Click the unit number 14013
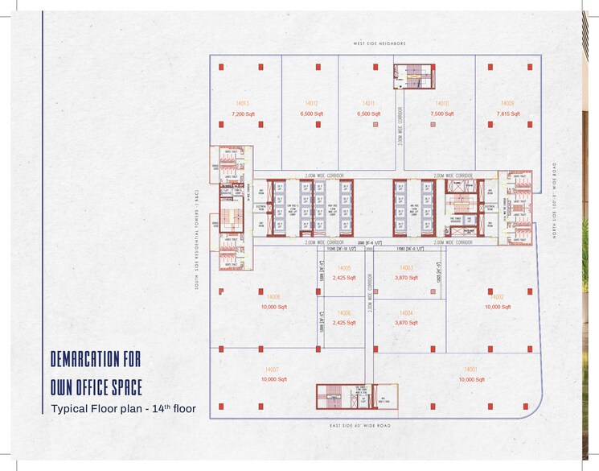coord(242,104)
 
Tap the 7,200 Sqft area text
coord(242,114)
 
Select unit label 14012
coord(312,104)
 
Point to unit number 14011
coord(369,104)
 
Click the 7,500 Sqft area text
coord(442,114)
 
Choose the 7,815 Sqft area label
coord(508,114)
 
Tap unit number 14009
coord(507,104)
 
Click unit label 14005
coord(344,268)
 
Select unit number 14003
coord(407,268)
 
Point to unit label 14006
coord(344,312)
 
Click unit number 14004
coord(406,312)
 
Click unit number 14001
coord(470,370)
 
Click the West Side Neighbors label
coord(380,43)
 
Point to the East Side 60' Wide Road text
coord(360,425)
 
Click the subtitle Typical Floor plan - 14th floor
coord(123,409)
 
